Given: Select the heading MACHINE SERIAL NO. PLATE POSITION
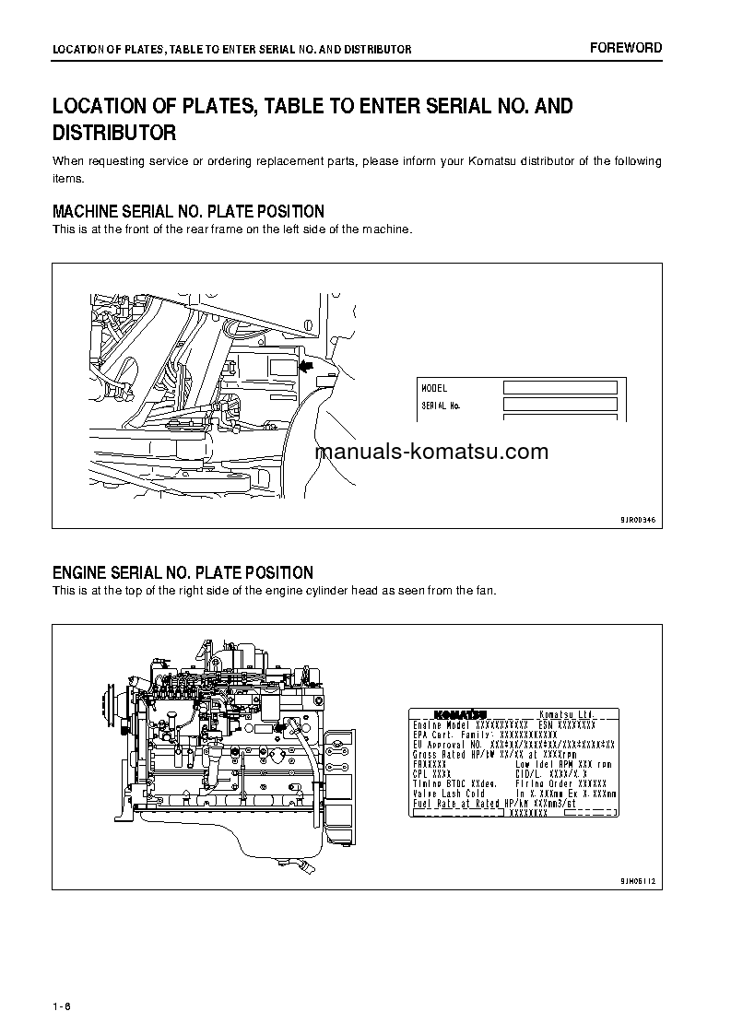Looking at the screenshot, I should [188, 212].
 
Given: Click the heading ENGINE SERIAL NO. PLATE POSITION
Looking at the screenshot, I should [183, 572].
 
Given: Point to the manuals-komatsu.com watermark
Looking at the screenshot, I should [431, 452].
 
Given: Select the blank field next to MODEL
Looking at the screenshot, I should [560, 388].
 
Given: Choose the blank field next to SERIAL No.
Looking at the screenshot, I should [560, 405].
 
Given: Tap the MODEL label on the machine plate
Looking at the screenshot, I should [434, 389].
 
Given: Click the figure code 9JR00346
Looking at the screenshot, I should [637, 520].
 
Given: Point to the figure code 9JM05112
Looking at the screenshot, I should [637, 881].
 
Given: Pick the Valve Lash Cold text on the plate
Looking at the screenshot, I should [449, 793].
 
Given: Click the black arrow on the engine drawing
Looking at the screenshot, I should [278, 727].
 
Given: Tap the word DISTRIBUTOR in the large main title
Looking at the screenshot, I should [114, 134].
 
